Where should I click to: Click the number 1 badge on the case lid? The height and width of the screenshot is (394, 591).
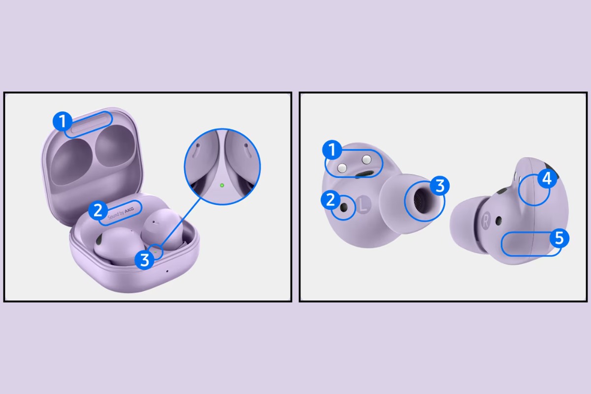(x=62, y=121)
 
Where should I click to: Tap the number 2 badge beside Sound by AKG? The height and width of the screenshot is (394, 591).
(x=98, y=210)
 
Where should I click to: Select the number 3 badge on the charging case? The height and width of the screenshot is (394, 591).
(x=144, y=259)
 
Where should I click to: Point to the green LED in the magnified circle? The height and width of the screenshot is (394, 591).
(x=222, y=185)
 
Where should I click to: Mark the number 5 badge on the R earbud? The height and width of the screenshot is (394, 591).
(x=559, y=238)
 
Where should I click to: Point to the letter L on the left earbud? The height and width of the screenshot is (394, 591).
(x=363, y=205)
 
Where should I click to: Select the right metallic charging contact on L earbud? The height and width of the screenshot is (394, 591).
(x=366, y=159)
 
